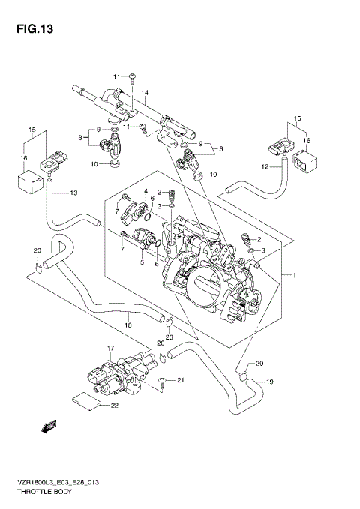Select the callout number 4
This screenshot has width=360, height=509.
[147, 191]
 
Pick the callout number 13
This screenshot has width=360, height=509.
[73, 193]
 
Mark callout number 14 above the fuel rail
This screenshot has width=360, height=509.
[145, 93]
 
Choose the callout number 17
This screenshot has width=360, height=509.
[110, 348]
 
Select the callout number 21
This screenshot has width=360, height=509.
[179, 381]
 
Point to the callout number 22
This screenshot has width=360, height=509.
[115, 406]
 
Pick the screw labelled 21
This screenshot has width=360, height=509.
[162, 382]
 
